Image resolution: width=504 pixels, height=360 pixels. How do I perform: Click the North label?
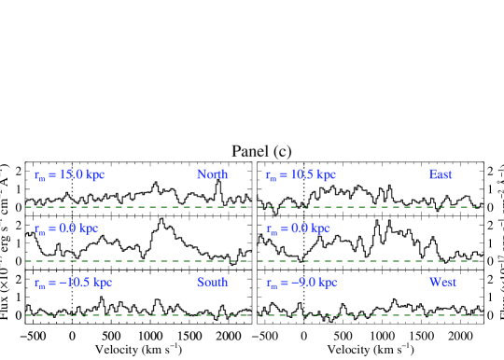[x=212, y=174]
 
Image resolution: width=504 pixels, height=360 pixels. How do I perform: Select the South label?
[x=212, y=283]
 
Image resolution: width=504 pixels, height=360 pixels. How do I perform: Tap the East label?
[x=440, y=174]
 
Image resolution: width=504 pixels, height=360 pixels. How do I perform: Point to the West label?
[x=442, y=283]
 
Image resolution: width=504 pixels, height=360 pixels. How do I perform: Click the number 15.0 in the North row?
[x=72, y=174]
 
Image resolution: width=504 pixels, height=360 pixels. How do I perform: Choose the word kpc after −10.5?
[x=103, y=283]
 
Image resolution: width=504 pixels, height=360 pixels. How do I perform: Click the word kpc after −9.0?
[x=327, y=283]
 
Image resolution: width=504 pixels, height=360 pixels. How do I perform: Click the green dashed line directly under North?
[x=212, y=207]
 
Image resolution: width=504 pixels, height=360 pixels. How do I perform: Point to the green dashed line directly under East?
[x=440, y=207]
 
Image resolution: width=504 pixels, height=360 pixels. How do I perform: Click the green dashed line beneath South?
[x=212, y=315]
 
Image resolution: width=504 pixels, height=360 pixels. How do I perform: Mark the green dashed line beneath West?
[x=442, y=315]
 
